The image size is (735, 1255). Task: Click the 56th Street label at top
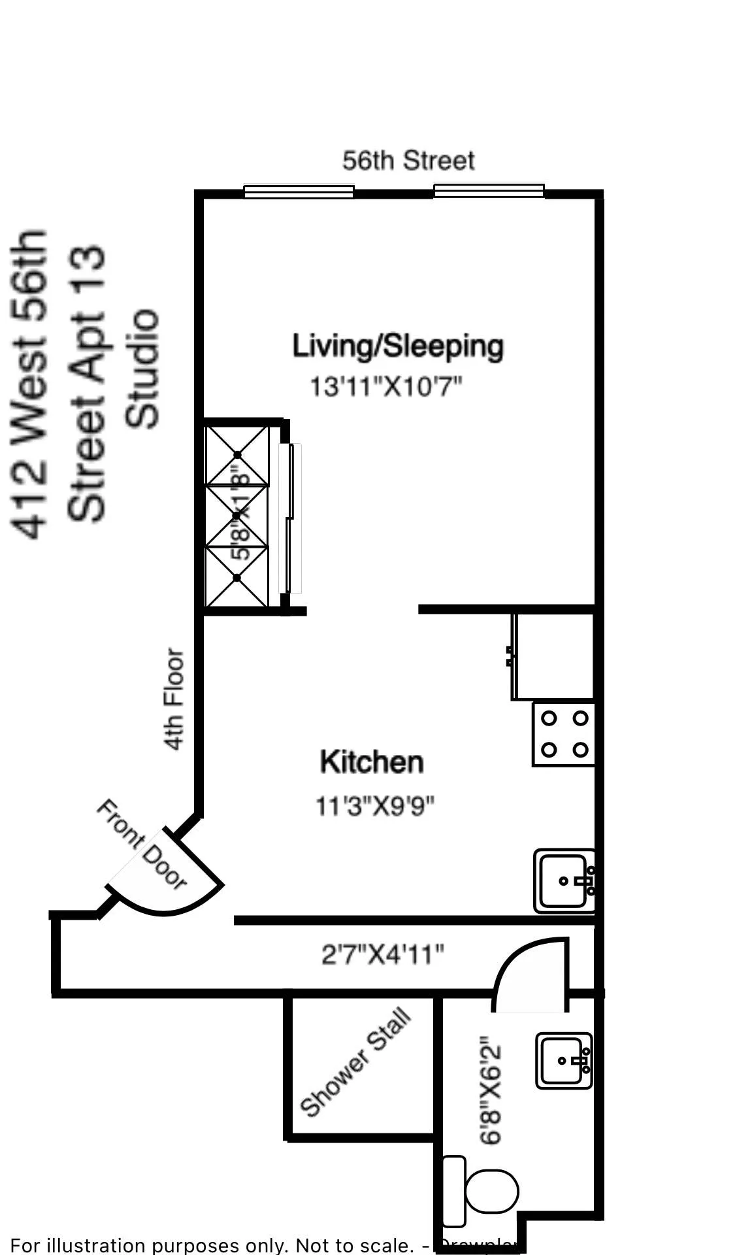pyautogui.click(x=408, y=161)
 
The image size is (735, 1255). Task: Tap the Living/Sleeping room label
pyautogui.click(x=397, y=346)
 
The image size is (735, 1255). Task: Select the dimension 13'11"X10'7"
pyautogui.click(x=385, y=386)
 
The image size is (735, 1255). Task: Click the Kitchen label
pyautogui.click(x=372, y=762)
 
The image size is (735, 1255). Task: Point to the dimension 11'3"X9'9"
pyautogui.click(x=375, y=806)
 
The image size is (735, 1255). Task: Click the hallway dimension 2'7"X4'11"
pyautogui.click(x=383, y=955)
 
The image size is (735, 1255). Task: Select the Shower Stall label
pyautogui.click(x=355, y=1062)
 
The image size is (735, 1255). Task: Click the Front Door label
pyautogui.click(x=142, y=844)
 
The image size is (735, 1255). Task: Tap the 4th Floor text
pyautogui.click(x=174, y=699)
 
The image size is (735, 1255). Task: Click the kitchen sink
pyautogui.click(x=563, y=880)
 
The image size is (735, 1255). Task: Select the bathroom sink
pyautogui.click(x=563, y=1060)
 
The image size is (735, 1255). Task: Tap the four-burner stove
pyautogui.click(x=564, y=734)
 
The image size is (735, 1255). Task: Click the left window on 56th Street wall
pyautogui.click(x=299, y=192)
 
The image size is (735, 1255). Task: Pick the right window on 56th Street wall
pyautogui.click(x=489, y=191)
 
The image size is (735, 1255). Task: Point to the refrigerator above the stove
pyautogui.click(x=554, y=656)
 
